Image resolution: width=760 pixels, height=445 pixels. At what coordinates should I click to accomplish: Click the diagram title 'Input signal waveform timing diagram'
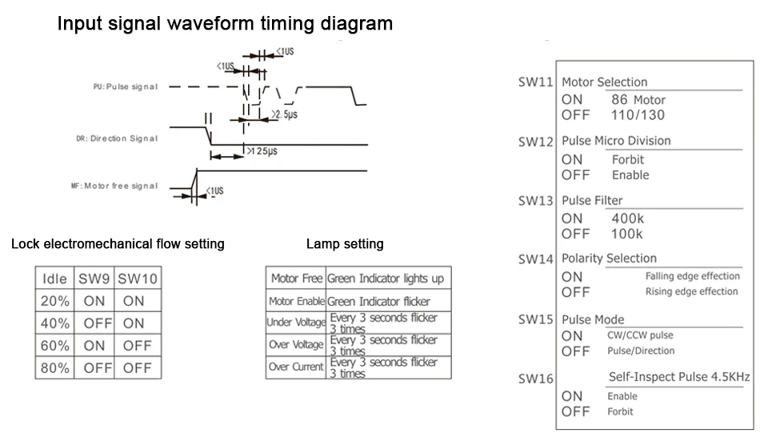click(x=225, y=24)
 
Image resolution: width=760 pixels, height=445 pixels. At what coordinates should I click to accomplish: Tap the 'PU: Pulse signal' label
click(x=126, y=86)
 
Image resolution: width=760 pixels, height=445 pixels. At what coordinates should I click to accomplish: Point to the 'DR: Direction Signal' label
click(x=117, y=138)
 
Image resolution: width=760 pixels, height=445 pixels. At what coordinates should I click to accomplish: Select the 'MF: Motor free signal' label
click(x=114, y=186)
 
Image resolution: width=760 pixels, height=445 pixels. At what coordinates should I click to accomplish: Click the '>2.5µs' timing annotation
click(x=285, y=114)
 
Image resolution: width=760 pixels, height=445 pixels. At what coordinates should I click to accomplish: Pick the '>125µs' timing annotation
click(x=262, y=151)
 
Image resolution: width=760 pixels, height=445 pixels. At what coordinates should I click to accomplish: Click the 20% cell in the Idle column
click(x=54, y=301)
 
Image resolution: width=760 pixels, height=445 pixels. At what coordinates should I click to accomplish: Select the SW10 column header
click(x=138, y=279)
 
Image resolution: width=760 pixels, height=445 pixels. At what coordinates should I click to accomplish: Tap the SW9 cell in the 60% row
click(x=94, y=346)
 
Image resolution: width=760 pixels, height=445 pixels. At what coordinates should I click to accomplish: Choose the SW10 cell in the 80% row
click(x=138, y=368)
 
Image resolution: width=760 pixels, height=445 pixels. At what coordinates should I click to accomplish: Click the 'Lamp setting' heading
click(x=345, y=243)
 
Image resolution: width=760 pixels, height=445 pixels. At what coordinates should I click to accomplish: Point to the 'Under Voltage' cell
click(x=296, y=323)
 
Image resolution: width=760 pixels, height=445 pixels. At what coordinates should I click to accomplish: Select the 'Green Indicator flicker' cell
click(x=378, y=302)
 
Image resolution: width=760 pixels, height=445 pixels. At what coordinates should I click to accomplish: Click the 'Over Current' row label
click(x=296, y=367)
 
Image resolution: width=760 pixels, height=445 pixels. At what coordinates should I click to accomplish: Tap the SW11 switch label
click(x=535, y=82)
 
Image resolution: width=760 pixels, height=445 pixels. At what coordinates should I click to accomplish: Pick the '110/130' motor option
click(x=638, y=115)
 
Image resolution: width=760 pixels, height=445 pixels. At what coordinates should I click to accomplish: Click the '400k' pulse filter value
click(x=628, y=218)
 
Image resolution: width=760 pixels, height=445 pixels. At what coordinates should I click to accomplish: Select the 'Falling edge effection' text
click(x=693, y=276)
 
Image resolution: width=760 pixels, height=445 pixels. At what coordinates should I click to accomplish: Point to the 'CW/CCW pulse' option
click(x=640, y=335)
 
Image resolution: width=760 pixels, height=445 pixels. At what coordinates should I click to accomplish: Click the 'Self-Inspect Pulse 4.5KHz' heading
click(x=679, y=377)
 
